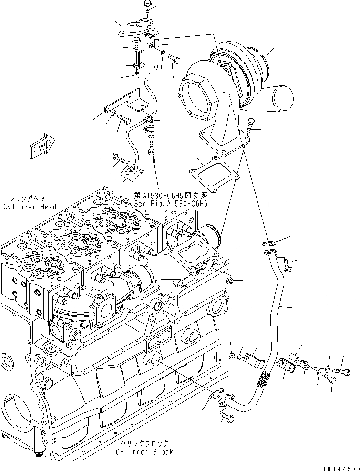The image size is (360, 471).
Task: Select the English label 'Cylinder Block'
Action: point(144,451)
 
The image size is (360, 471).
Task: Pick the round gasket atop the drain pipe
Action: point(269,245)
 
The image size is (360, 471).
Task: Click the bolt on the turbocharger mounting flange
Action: point(251,125)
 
